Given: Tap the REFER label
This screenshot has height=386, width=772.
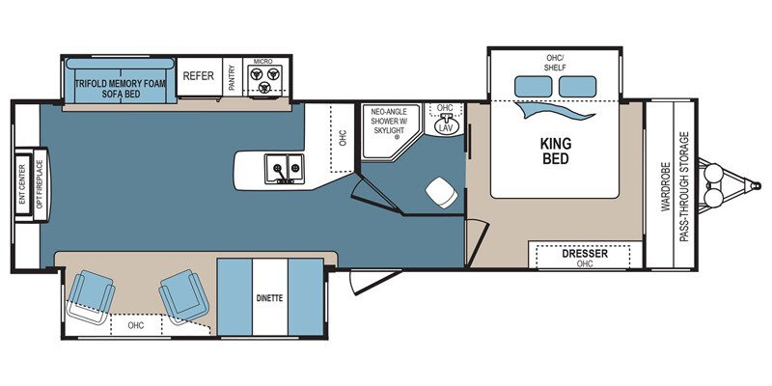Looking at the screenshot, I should tap(199, 76).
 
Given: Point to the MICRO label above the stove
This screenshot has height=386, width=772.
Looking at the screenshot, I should tap(262, 62).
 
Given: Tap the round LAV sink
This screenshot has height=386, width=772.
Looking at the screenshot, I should tap(445, 125).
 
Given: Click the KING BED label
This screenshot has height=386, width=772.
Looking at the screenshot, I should tap(555, 151).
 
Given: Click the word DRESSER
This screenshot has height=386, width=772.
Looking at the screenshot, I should tap(585, 253).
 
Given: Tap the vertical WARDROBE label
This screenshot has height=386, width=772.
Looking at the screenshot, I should tap(666, 185).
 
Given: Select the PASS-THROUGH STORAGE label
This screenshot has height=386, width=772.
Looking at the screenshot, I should tap(684, 185).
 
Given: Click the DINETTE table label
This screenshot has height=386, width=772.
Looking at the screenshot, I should tap(269, 297).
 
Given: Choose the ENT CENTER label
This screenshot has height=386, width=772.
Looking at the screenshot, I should tap(21, 185).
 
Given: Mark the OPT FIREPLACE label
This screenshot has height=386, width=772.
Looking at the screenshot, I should tap(40, 185).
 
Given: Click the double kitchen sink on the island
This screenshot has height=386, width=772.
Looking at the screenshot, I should tap(286, 169).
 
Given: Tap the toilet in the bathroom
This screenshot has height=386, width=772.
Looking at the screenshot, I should tap(442, 192).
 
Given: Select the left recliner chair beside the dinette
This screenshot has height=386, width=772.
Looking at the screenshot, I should tap(90, 293).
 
